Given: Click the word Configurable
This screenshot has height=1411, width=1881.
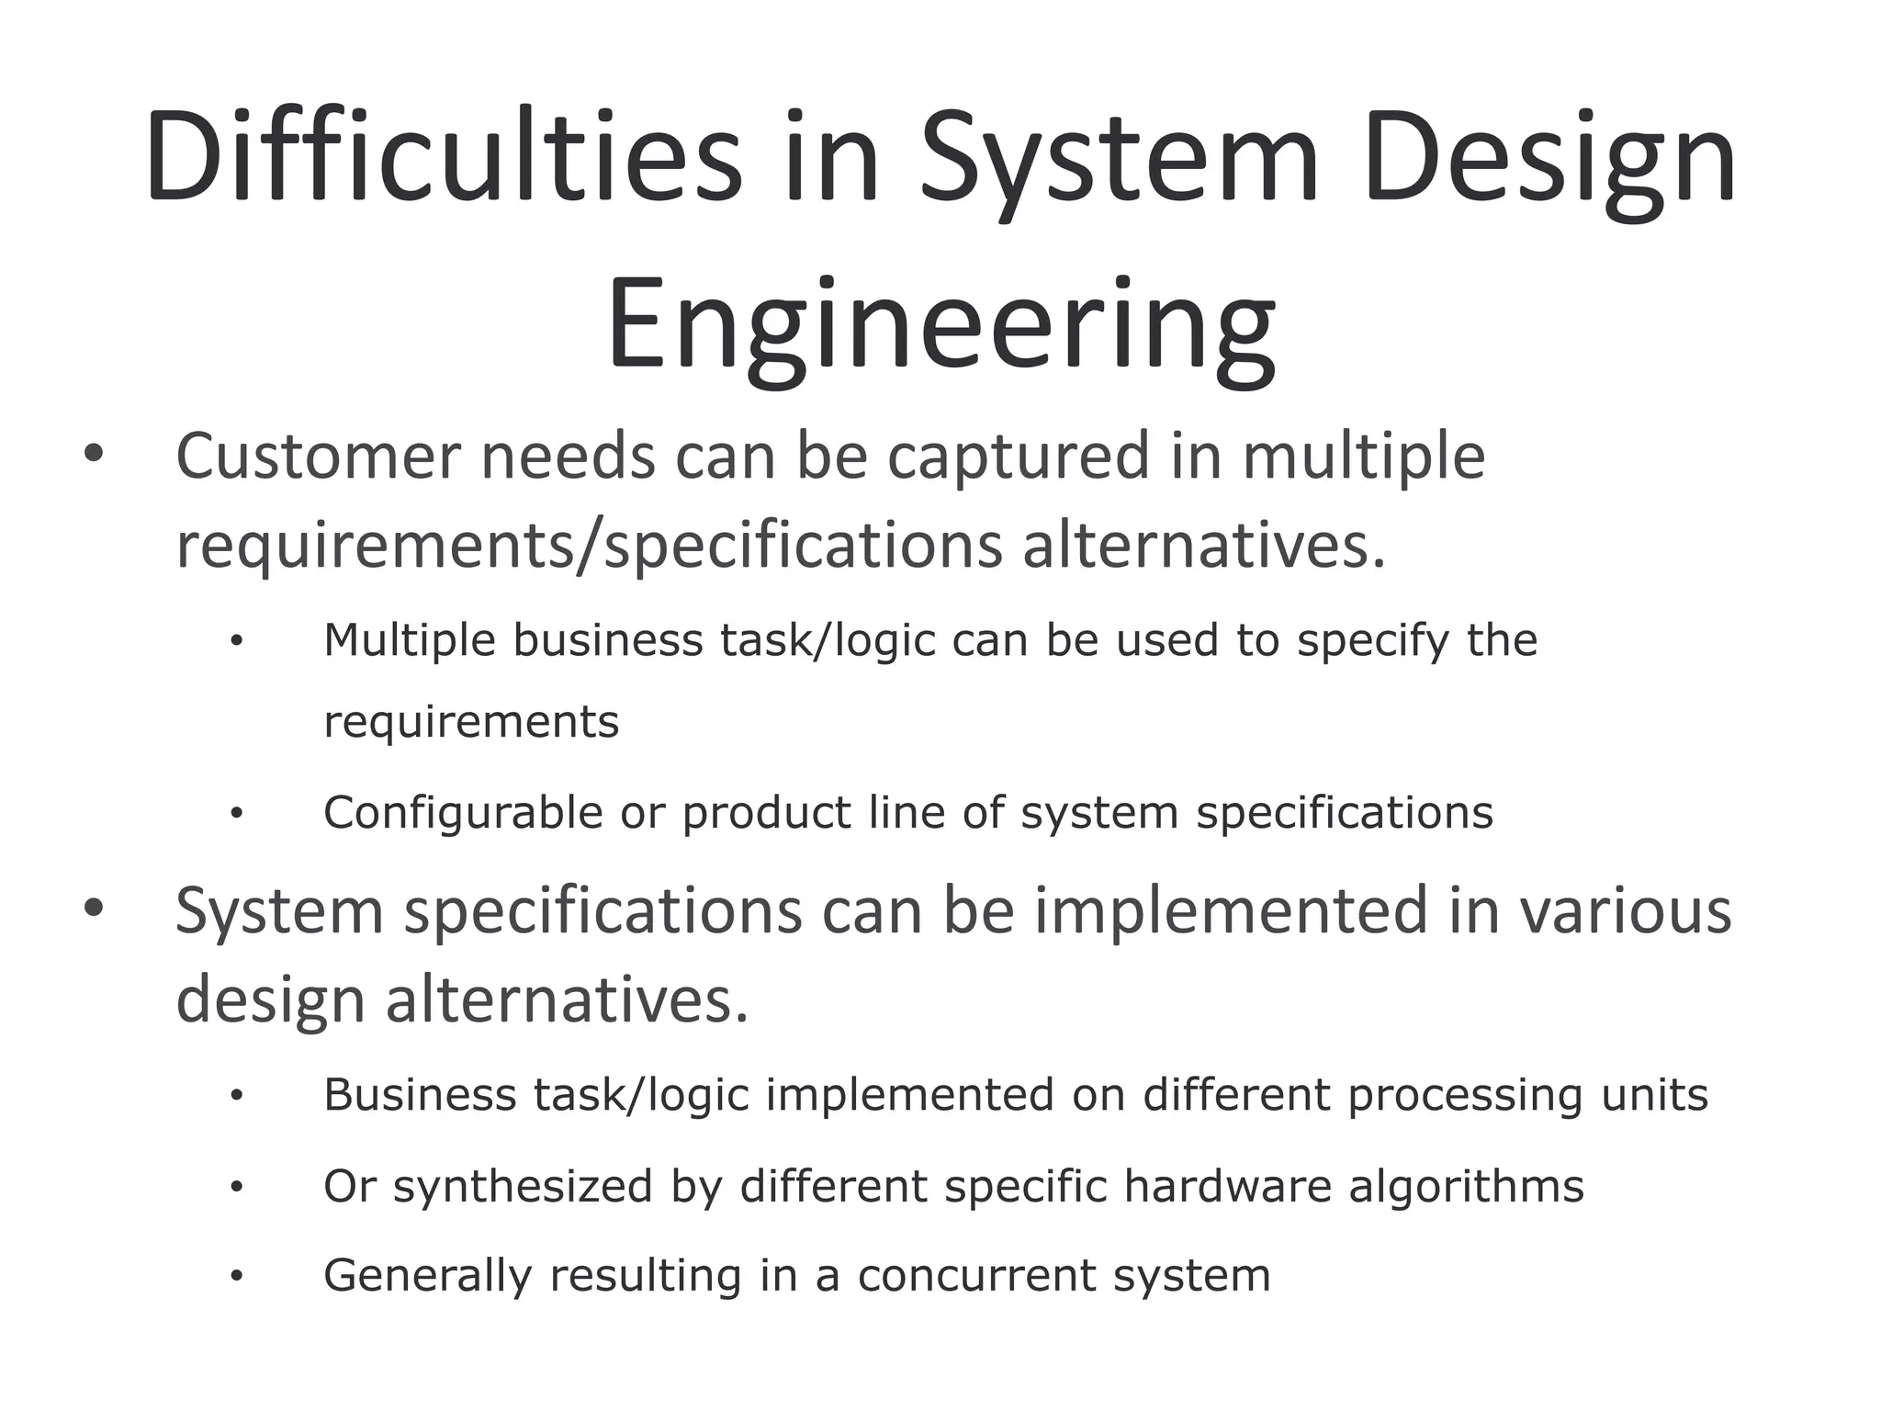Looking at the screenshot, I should pyautogui.click(x=462, y=813).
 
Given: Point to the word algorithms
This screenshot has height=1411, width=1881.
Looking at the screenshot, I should pyautogui.click(x=1466, y=1186).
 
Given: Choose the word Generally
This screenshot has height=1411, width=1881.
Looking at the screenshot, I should pyautogui.click(x=427, y=1276).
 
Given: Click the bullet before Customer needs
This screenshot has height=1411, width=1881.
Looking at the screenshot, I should pyautogui.click(x=94, y=453).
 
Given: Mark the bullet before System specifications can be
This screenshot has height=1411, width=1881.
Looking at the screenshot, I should pyautogui.click(x=94, y=908).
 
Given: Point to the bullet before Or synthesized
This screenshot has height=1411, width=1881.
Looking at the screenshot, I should pyautogui.click(x=237, y=1188).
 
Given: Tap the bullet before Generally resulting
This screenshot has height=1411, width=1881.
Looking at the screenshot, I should pyautogui.click(x=237, y=1277).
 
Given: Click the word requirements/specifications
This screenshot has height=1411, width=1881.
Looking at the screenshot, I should pyautogui.click(x=589, y=546).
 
